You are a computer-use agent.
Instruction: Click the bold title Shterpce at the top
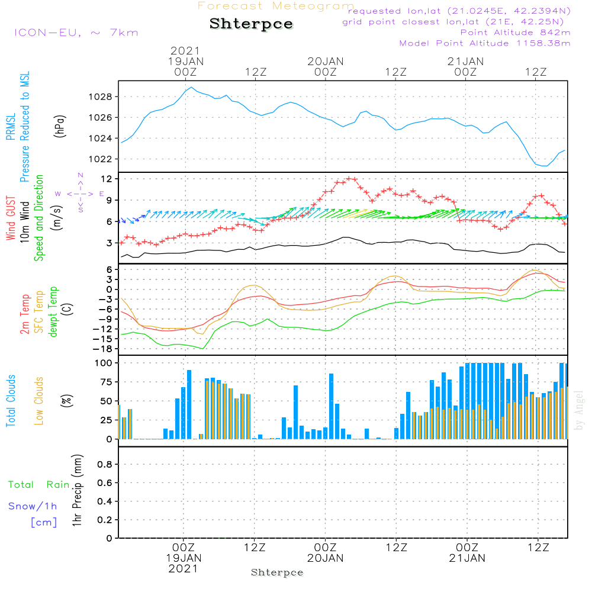click(x=251, y=24)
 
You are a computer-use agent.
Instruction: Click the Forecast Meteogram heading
click(x=276, y=6)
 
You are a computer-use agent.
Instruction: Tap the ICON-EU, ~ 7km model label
click(x=76, y=32)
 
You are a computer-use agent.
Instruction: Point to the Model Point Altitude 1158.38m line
click(x=485, y=43)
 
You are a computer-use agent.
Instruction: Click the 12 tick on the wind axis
click(x=108, y=179)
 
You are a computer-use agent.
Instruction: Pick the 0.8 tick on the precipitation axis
click(x=104, y=465)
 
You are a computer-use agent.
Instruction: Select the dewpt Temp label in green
click(x=53, y=313)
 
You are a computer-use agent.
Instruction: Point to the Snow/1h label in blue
click(x=33, y=506)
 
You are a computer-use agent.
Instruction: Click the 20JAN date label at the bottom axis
click(x=325, y=558)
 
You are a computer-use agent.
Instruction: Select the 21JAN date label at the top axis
click(x=465, y=61)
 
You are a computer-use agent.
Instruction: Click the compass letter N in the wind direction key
click(x=81, y=175)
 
